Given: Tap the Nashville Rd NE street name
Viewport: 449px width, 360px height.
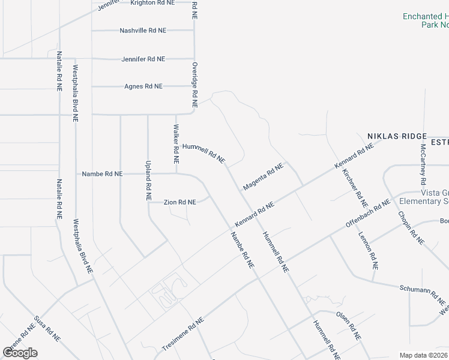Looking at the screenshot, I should click(143, 30).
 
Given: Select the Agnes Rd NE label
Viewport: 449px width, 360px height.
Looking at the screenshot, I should click(143, 86).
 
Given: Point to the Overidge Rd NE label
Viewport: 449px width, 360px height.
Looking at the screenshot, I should click(194, 81).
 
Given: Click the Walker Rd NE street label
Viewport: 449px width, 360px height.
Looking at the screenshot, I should click(176, 145).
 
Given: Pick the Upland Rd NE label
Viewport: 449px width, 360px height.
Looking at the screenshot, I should click(148, 180).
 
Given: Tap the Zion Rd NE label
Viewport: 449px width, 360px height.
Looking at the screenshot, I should click(180, 202).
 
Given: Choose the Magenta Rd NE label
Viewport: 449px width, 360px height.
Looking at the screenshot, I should click(263, 178).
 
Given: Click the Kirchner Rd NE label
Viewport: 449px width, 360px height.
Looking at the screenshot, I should click(354, 184).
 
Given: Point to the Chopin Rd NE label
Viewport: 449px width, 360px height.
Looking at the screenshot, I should click(411, 227).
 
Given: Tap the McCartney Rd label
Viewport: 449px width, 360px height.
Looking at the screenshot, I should click(423, 164).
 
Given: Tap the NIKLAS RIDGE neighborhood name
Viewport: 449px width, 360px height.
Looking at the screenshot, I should click(397, 137).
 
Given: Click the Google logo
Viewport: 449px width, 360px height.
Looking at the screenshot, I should click(20, 353).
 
